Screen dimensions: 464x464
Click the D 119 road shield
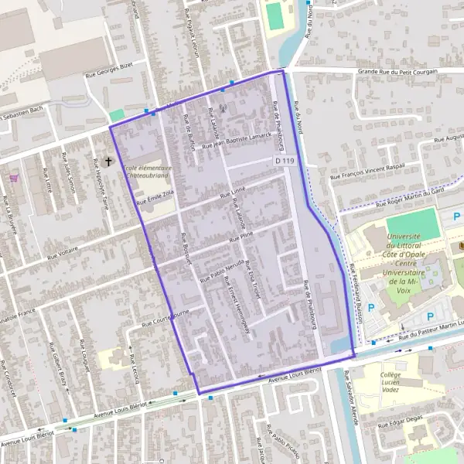pyautogui.click(x=285, y=161)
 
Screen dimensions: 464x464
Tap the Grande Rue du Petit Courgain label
pyautogui.click(x=397, y=72)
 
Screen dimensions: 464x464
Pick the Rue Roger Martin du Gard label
pyautogui.click(x=409, y=200)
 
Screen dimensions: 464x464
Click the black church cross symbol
pyautogui.click(x=109, y=162)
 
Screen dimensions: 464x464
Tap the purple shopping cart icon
pyautogui.click(x=13, y=178)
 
